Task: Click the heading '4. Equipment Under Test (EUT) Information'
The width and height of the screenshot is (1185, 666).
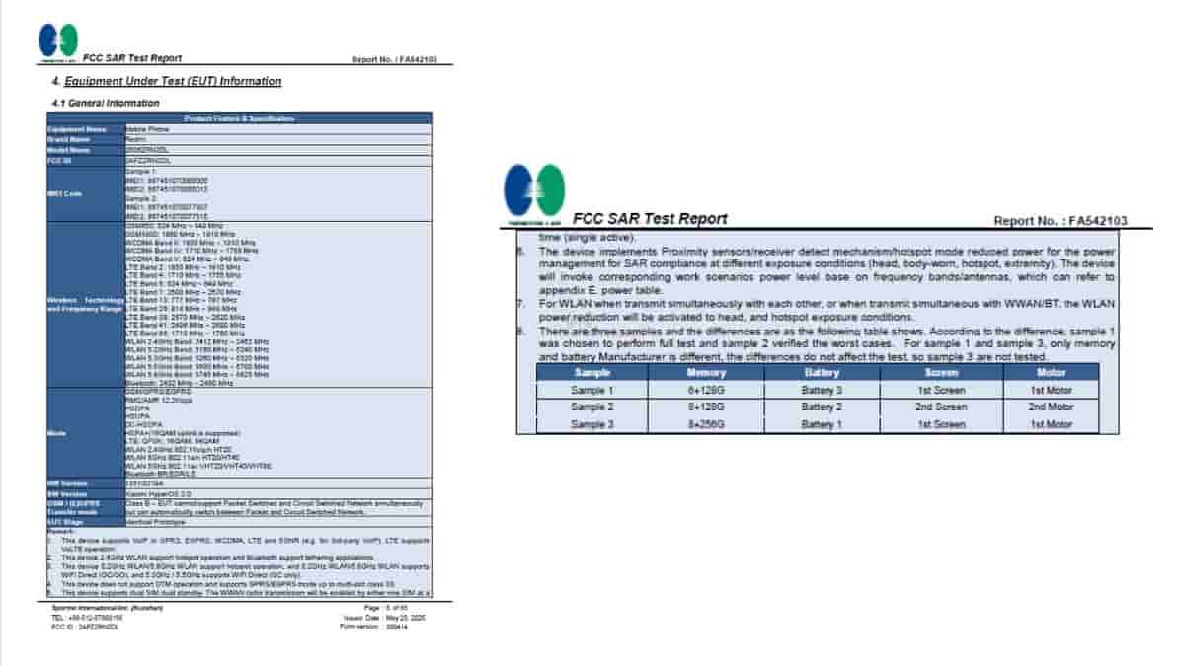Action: click(166, 81)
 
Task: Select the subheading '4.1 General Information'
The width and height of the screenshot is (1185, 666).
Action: click(105, 103)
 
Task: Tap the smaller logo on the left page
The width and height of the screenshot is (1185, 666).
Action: click(58, 40)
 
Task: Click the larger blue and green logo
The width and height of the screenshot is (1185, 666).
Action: click(534, 191)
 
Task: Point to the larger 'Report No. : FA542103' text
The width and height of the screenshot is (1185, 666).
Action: click(1060, 221)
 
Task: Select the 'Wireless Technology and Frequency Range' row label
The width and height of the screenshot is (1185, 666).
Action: click(85, 304)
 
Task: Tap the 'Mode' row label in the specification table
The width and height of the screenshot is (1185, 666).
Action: click(57, 434)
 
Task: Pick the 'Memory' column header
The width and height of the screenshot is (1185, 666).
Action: click(706, 373)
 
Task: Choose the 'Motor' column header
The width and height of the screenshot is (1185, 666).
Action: click(1051, 373)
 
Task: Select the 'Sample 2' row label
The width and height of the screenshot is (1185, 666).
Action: click(592, 407)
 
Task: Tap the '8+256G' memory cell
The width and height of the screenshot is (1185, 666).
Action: click(706, 424)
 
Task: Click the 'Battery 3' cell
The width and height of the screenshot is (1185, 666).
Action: click(822, 390)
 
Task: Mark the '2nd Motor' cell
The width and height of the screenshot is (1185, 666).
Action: click(1051, 407)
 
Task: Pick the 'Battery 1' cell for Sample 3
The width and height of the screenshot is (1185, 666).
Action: click(822, 424)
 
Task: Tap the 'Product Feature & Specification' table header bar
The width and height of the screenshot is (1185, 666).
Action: click(239, 118)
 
